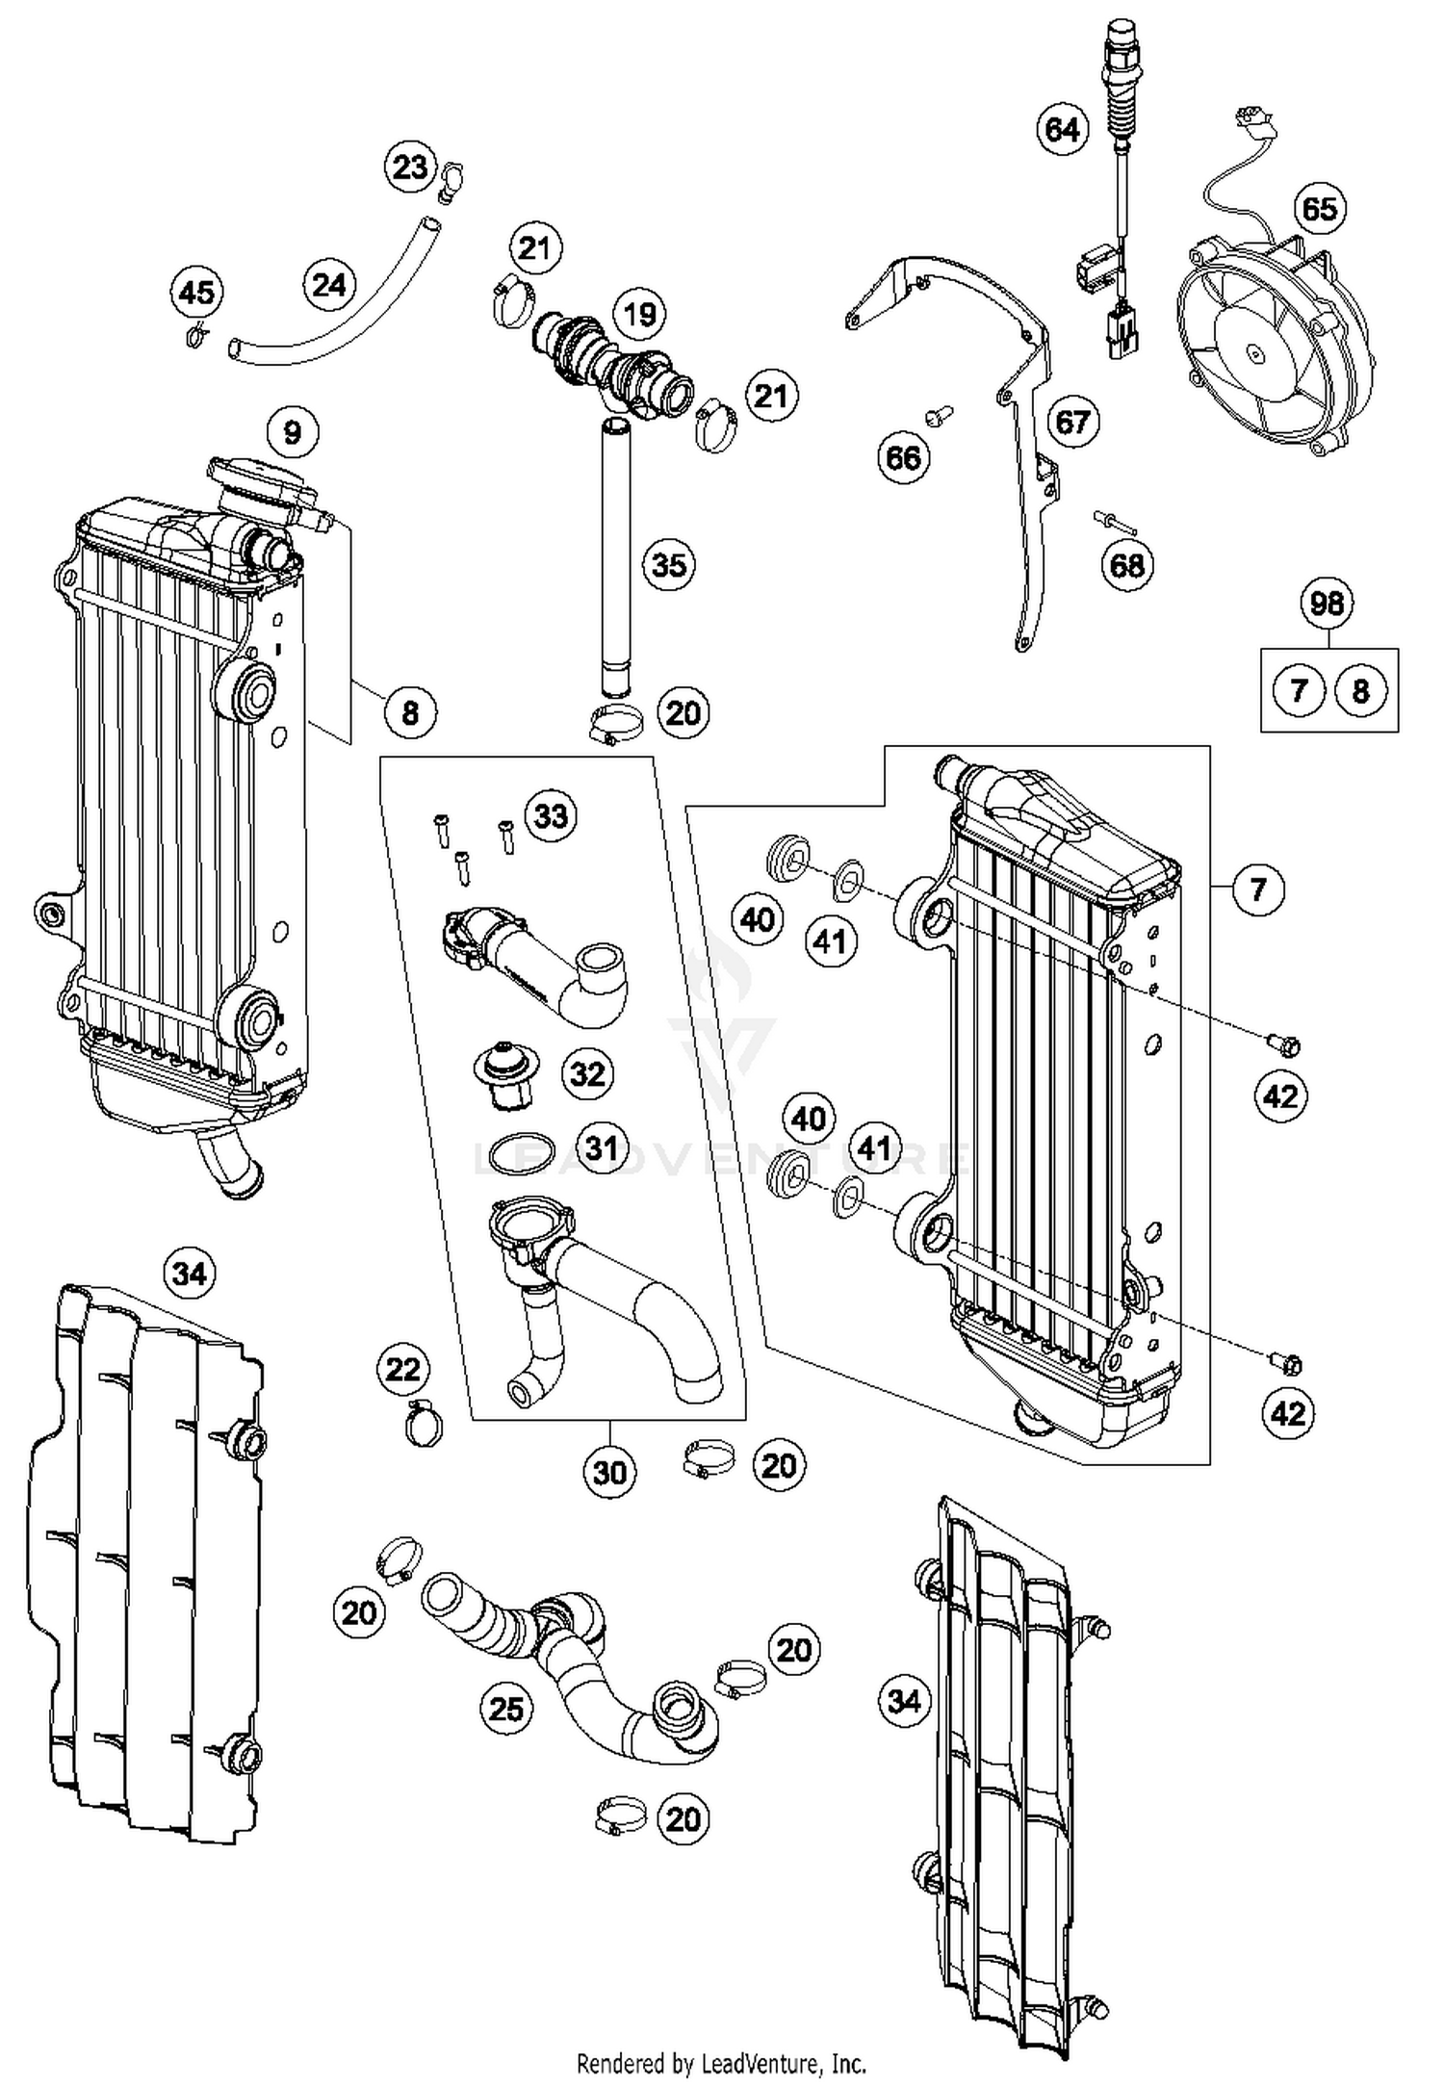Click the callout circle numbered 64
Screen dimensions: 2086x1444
[1063, 129]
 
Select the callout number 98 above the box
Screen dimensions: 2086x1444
[1327, 604]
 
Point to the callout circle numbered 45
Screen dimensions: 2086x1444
[197, 293]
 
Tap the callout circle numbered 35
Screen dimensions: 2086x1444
[669, 564]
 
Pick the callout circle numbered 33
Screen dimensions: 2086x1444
[551, 816]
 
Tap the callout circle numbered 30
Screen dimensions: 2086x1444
[610, 1472]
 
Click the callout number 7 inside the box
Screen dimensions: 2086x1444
[1299, 690]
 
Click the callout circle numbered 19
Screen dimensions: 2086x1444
[639, 314]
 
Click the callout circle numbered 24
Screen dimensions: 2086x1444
[329, 285]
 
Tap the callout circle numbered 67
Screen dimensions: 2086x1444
[1072, 422]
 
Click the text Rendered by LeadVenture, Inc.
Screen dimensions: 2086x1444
[721, 2063]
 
